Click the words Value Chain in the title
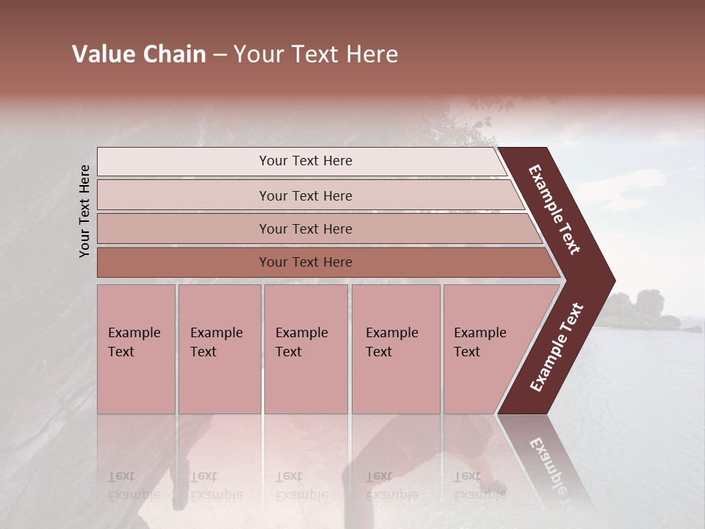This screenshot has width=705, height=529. click(139, 54)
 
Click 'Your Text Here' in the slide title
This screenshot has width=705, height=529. click(316, 54)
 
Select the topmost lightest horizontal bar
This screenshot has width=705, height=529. click(305, 161)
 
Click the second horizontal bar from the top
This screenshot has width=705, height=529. click(305, 195)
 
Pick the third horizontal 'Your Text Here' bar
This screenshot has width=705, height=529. click(305, 228)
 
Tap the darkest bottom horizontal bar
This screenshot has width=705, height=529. click(305, 262)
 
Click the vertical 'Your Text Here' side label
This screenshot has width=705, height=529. click(84, 211)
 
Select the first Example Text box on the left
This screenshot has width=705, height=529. click(136, 349)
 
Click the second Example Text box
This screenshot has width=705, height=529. click(219, 349)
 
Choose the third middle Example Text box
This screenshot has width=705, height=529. click(305, 349)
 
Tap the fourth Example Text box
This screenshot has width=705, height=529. click(395, 349)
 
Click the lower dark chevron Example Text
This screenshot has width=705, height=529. click(556, 348)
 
